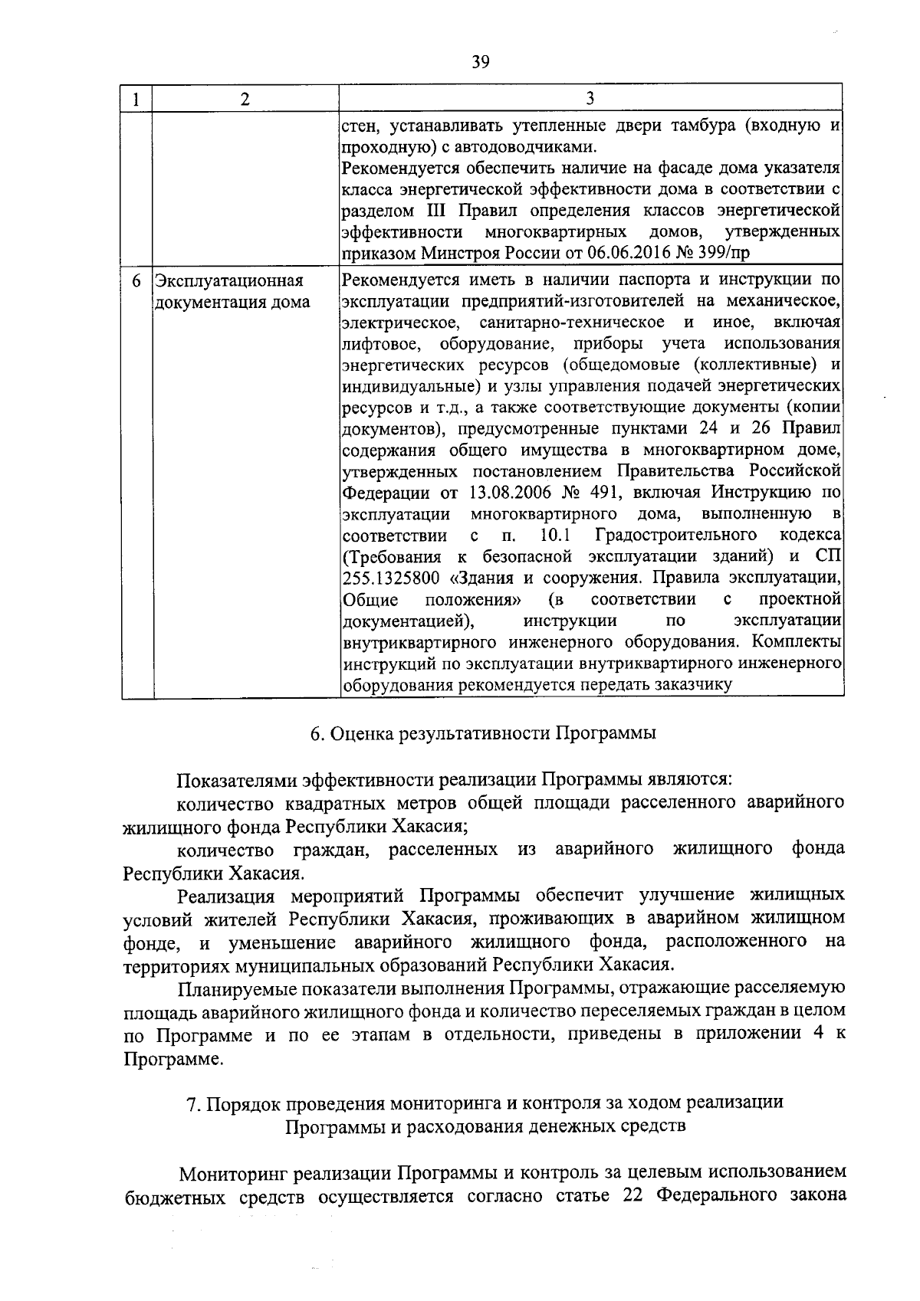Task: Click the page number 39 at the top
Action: point(481,62)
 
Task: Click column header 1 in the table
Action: point(136,100)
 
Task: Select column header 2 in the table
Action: point(245,100)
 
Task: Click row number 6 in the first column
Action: point(136,281)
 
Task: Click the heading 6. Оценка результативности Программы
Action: point(483,733)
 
